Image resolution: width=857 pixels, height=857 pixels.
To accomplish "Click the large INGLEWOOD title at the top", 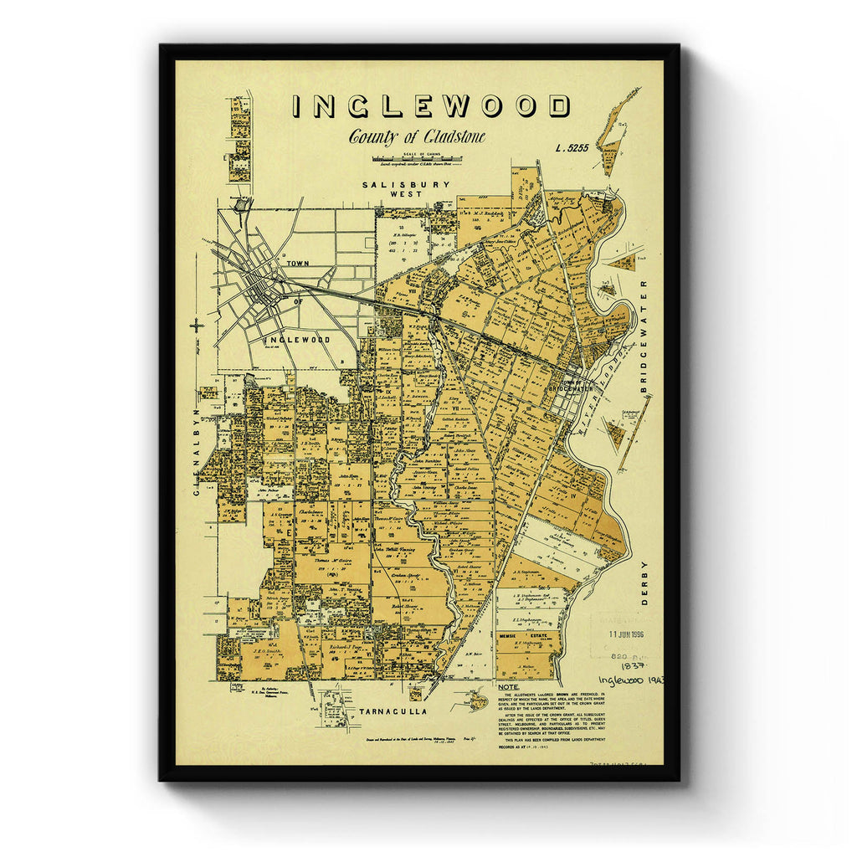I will [431, 106].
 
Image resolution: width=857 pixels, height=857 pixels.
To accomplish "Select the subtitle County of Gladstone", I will [417, 137].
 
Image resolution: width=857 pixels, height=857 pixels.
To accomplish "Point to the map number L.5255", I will [572, 148].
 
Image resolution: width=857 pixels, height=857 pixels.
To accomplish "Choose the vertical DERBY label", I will [644, 583].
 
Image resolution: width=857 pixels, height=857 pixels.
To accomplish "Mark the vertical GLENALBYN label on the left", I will [198, 452].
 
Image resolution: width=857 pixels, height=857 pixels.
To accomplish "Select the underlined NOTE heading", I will [508, 686].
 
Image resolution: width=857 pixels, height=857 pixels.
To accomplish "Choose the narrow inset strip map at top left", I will [240, 138].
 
